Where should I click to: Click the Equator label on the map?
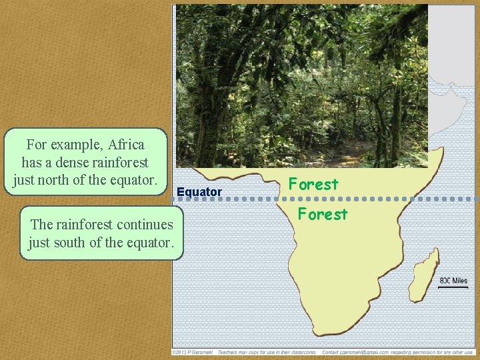[x=199, y=192]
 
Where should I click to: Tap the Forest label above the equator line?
[x=313, y=183]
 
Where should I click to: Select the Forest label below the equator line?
[x=323, y=214]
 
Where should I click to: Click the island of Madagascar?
[x=425, y=275]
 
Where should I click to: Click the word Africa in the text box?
[x=125, y=144]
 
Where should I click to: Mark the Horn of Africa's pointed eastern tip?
[x=443, y=152]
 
